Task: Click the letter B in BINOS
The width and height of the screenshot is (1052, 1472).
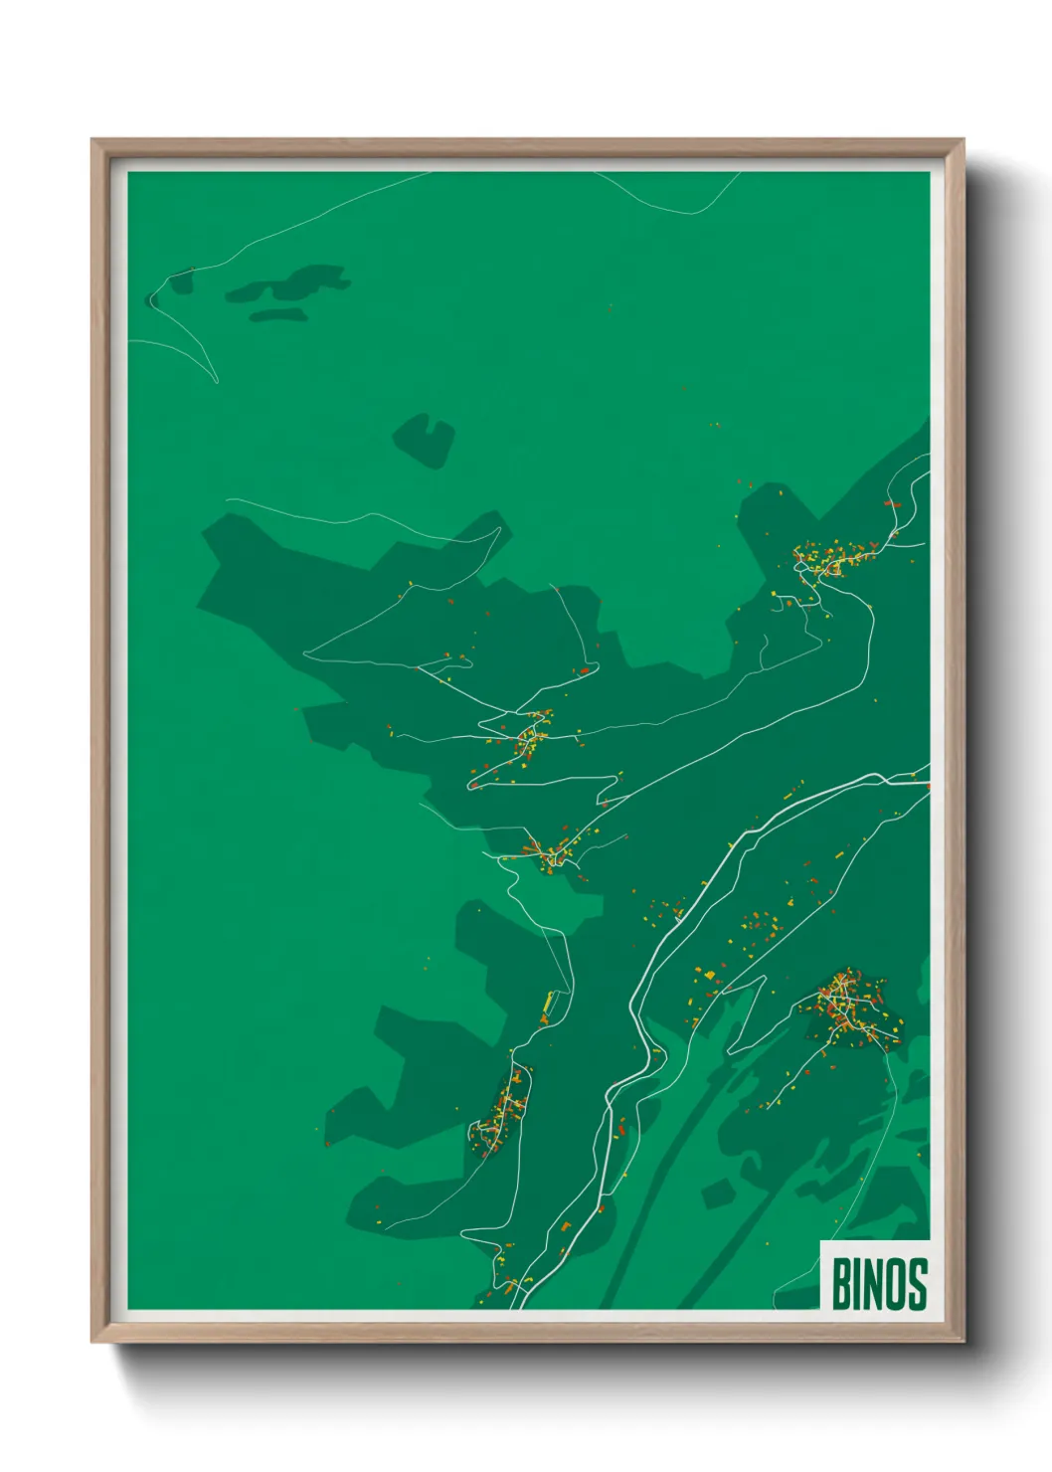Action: [x=841, y=1284]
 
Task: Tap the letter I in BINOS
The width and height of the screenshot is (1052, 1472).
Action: [x=860, y=1284]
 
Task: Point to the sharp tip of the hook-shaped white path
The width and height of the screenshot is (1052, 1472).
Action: [x=216, y=381]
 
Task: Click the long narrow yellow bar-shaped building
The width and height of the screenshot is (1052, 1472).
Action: [x=548, y=1009]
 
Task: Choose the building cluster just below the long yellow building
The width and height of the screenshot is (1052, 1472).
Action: [x=505, y=1109]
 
